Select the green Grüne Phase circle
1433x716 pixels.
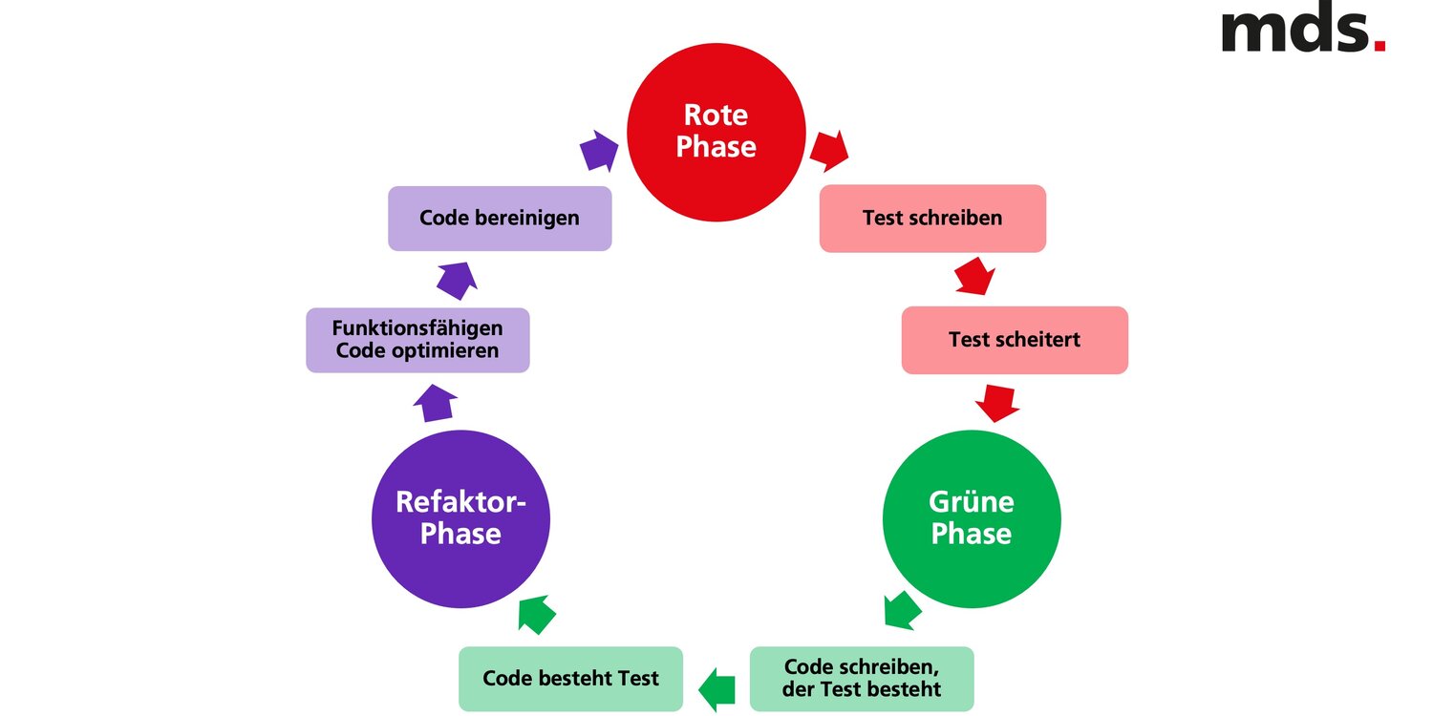tap(971, 518)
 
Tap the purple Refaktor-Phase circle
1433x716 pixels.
tap(460, 518)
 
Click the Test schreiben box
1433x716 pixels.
tap(932, 219)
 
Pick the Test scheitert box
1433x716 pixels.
tap(1015, 340)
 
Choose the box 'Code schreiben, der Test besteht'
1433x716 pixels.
tap(862, 678)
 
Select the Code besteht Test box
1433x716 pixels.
tap(570, 679)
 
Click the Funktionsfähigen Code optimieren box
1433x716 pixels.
tap(417, 340)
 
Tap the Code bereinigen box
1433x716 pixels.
tap(500, 219)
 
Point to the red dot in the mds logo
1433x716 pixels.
tap(1379, 45)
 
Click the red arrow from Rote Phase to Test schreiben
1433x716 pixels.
tap(828, 150)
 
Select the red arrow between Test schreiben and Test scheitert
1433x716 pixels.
tap(975, 275)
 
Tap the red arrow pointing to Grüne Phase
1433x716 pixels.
tap(997, 402)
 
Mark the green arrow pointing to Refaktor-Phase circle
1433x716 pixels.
tap(537, 614)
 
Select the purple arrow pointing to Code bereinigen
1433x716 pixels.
tap(457, 278)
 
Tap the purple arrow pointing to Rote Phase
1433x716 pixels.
tap(599, 151)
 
